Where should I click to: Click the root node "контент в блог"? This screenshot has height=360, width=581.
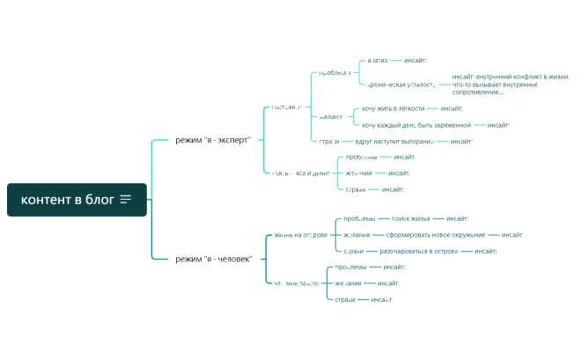tap(68, 200)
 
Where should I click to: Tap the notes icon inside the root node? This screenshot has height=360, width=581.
tap(126, 200)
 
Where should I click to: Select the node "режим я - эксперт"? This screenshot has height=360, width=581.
tap(213, 140)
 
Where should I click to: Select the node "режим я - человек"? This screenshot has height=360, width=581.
tap(214, 259)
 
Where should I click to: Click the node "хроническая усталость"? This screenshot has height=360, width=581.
tap(401, 84)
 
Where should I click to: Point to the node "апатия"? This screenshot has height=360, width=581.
tap(377, 61)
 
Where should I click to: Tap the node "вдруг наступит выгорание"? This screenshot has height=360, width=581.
tap(394, 141)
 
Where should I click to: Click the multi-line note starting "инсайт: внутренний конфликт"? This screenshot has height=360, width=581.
tap(511, 84)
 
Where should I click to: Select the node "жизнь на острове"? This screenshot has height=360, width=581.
tap(300, 235)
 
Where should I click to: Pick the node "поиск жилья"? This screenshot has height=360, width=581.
tap(410, 218)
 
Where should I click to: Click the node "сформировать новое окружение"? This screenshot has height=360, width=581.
tap(433, 235)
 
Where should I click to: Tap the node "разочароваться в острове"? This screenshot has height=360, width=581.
tap(419, 251)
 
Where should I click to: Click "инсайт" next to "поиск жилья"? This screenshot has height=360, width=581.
tap(457, 218)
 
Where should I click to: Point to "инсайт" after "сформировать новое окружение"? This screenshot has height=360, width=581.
tap(512, 235)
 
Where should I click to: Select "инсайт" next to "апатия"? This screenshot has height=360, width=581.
tap(415, 61)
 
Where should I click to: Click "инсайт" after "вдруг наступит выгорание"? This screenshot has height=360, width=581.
tap(461, 141)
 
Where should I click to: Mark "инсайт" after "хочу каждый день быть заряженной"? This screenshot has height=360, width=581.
tap(498, 125)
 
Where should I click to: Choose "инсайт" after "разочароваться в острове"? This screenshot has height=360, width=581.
tap(485, 251)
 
